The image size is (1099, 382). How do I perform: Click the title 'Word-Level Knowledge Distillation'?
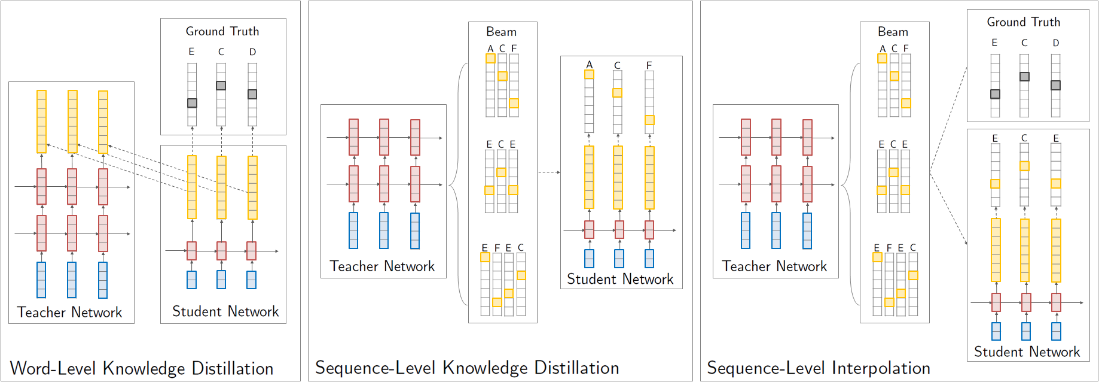(x=142, y=368)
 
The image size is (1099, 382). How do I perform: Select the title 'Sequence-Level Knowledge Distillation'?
(x=467, y=368)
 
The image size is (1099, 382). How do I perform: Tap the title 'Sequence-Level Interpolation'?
(x=818, y=368)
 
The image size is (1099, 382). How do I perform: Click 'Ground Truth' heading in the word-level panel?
(x=222, y=31)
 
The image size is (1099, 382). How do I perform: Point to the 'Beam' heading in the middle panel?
(x=501, y=32)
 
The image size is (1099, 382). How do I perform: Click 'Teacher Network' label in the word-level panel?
(x=70, y=312)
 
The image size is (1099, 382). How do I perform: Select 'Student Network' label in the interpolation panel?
(x=1027, y=351)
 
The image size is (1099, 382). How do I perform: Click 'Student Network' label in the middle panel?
(x=620, y=279)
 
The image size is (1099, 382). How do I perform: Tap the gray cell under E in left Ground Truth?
(x=192, y=103)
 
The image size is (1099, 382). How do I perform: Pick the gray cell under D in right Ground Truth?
(x=1055, y=85)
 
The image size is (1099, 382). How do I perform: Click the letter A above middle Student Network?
(x=589, y=65)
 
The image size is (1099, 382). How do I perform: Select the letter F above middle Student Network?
(x=649, y=65)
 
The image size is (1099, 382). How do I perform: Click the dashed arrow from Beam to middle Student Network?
(x=549, y=172)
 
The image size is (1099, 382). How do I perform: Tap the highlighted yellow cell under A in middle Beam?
(x=490, y=59)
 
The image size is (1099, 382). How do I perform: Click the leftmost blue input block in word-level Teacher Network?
(x=41, y=280)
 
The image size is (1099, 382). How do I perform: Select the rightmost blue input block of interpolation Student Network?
(x=1056, y=331)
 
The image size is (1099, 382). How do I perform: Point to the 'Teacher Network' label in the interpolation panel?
(x=774, y=266)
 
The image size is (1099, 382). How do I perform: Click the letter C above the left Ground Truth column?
(x=221, y=52)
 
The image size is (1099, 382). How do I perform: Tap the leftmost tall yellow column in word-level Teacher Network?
(x=41, y=122)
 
